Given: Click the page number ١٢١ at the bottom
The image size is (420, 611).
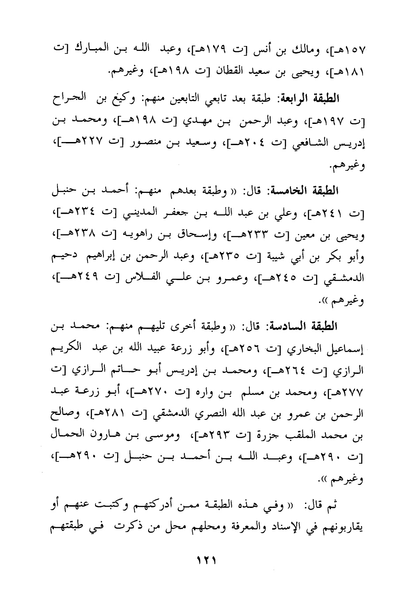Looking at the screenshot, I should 209,559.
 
